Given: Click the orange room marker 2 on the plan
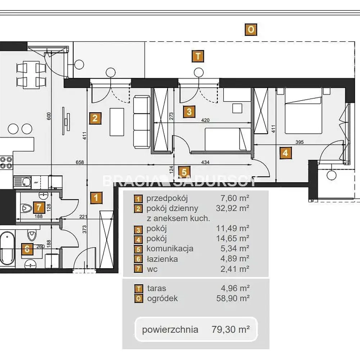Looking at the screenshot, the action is pyautogui.click(x=95, y=118).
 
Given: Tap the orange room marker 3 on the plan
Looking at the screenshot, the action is pyautogui.click(x=189, y=112).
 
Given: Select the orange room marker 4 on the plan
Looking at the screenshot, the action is pyautogui.click(x=285, y=153).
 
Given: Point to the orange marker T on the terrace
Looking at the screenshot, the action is pyautogui.click(x=198, y=56).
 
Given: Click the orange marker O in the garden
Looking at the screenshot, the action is pyautogui.click(x=251, y=30).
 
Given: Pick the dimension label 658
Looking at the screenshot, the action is pyautogui.click(x=80, y=162).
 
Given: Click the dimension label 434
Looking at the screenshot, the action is pyautogui.click(x=205, y=162).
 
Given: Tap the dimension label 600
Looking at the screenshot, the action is pyautogui.click(x=49, y=116).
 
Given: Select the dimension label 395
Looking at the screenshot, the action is pyautogui.click(x=300, y=142).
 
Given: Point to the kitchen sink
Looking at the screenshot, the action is pyautogui.click(x=22, y=182).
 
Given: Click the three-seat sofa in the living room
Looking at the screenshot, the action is pyautogui.click(x=141, y=122).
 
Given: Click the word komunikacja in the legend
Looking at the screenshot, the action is pyautogui.click(x=170, y=249).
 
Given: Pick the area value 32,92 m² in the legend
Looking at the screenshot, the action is pyautogui.click(x=233, y=208).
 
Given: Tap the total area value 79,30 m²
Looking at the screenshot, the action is pyautogui.click(x=230, y=329).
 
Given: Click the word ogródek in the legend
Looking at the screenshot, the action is pyautogui.click(x=162, y=298).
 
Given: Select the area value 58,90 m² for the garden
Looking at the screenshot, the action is pyautogui.click(x=233, y=298).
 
